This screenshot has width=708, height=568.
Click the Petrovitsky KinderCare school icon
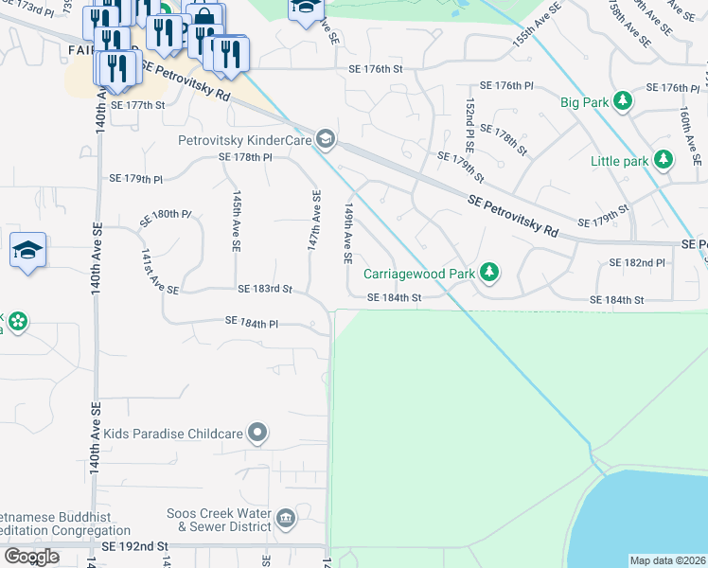(x=326, y=140)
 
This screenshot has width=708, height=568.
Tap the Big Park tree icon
(x=622, y=100)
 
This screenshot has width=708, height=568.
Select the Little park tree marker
(x=661, y=161)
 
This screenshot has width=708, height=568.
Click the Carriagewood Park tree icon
(x=488, y=273)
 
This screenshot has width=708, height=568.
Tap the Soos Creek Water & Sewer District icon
(x=286, y=519)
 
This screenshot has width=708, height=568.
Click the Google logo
(x=31, y=557)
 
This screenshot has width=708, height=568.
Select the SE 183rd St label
(x=265, y=288)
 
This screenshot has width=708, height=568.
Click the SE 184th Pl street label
(x=252, y=322)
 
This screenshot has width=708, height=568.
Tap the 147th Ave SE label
(x=315, y=220)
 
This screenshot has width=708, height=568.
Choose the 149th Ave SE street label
(x=349, y=232)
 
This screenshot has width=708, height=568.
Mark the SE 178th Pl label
(x=245, y=157)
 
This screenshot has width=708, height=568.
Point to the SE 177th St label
(x=137, y=105)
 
